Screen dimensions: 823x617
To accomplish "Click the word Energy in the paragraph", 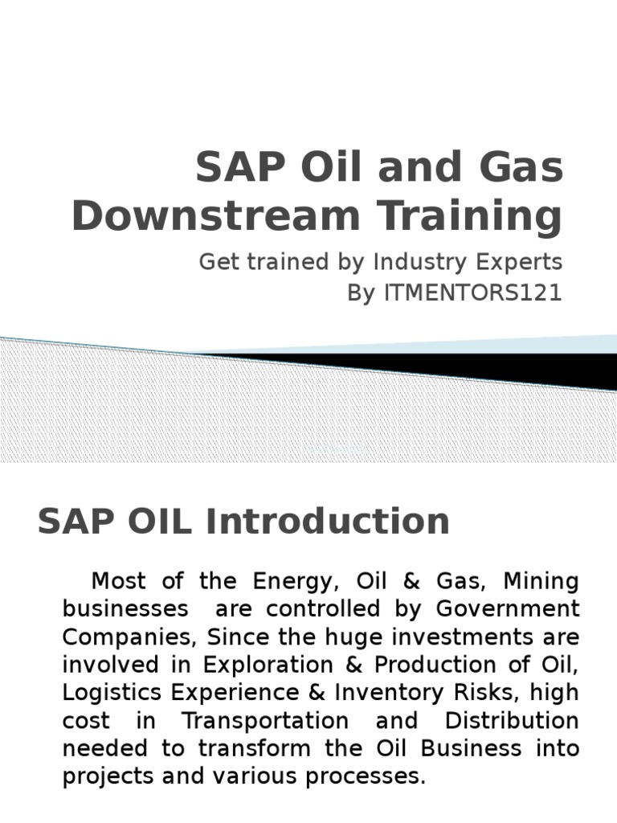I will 290,580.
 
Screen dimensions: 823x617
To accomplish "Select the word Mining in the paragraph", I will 541,580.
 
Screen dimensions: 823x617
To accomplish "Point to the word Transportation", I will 265,721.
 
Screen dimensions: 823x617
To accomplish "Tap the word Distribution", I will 512,721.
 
